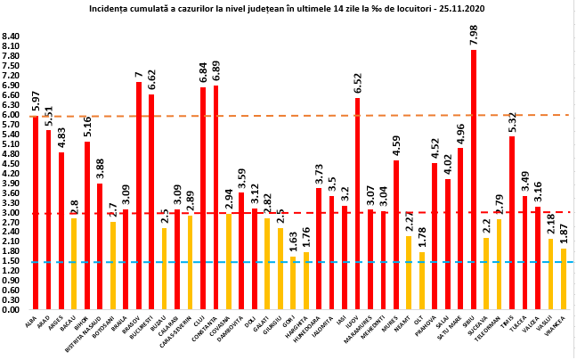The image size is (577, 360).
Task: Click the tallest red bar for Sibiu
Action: (x=473, y=178)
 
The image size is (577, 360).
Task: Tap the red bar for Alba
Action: (x=36, y=214)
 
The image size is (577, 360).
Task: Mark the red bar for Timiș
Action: (x=512, y=223)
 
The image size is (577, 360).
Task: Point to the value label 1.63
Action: (x=292, y=241)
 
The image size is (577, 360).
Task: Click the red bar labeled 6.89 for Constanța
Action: (x=216, y=196)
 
